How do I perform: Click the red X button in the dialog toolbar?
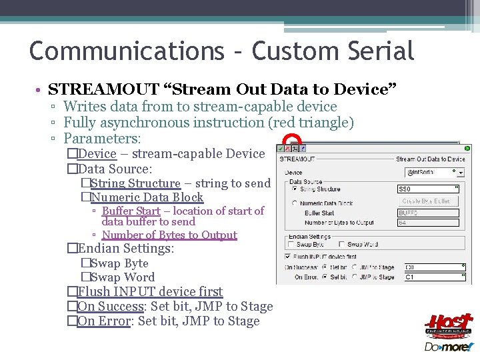(x=288, y=149)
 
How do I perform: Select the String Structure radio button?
(x=294, y=189)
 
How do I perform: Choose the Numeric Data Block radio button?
(x=294, y=203)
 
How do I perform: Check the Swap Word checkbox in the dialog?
(x=341, y=244)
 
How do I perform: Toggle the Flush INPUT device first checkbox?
(x=288, y=255)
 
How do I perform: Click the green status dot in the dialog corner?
(x=467, y=149)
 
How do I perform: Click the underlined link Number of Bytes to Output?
(x=169, y=235)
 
